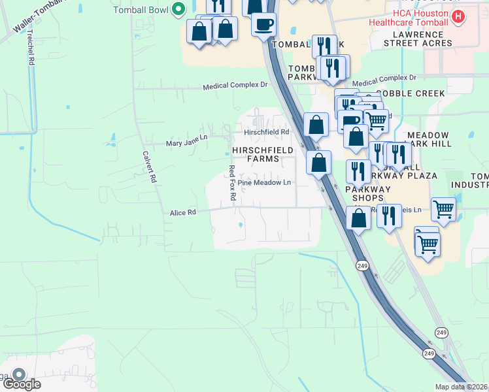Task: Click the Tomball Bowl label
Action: point(141,10)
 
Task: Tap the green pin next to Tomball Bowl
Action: point(177,10)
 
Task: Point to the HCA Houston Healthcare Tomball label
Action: point(421,18)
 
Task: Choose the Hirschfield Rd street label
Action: point(266,132)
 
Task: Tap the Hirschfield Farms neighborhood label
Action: point(260,154)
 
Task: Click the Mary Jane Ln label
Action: point(186,143)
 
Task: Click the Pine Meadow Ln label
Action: point(264,183)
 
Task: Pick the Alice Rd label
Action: point(182,212)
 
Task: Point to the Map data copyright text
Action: point(461,387)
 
